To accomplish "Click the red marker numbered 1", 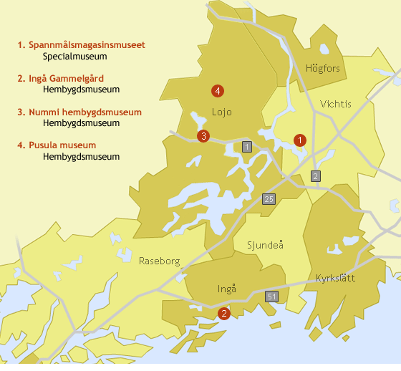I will [x=300, y=140].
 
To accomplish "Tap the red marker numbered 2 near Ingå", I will [x=223, y=313].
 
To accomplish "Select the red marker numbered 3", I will [x=203, y=136].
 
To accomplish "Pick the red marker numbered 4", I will [x=217, y=90].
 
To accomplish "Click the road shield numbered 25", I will [x=269, y=198].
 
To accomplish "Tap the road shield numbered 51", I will [x=271, y=297].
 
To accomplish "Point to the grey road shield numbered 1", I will [x=247, y=147].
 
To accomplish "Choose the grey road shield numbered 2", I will [x=316, y=176].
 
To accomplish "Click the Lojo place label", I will [x=222, y=112].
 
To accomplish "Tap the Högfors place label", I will [x=322, y=69].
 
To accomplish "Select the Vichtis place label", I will [x=336, y=104].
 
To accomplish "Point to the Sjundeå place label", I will [x=266, y=245].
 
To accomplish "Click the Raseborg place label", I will [x=160, y=261].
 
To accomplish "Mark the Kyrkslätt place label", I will [x=335, y=278].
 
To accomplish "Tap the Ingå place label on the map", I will [x=226, y=289].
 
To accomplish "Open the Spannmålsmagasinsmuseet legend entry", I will [x=86, y=45].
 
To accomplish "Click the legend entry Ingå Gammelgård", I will [x=65, y=79].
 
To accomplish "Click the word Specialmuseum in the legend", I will [x=74, y=56].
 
